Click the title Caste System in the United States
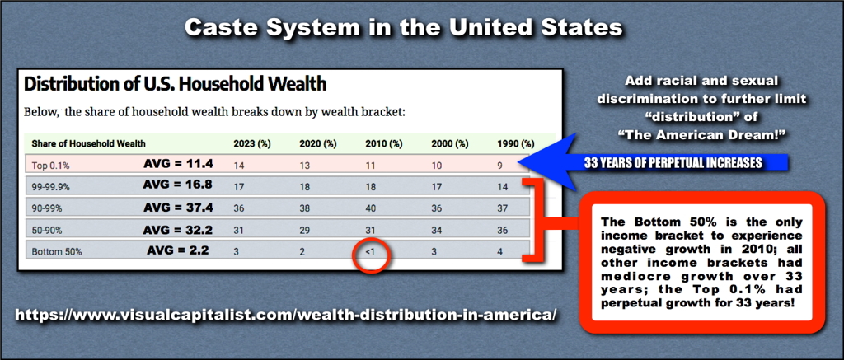tap(404, 28)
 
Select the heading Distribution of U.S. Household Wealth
tap(175, 85)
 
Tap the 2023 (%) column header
tap(252, 143)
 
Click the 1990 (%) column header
tap(516, 143)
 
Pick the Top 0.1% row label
tap(50, 166)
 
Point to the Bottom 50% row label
tap(57, 251)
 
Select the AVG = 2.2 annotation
tap(179, 249)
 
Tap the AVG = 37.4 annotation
tap(178, 208)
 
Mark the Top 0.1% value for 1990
tap(500, 166)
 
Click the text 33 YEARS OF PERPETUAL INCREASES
tap(673, 163)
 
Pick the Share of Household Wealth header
tap(89, 143)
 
